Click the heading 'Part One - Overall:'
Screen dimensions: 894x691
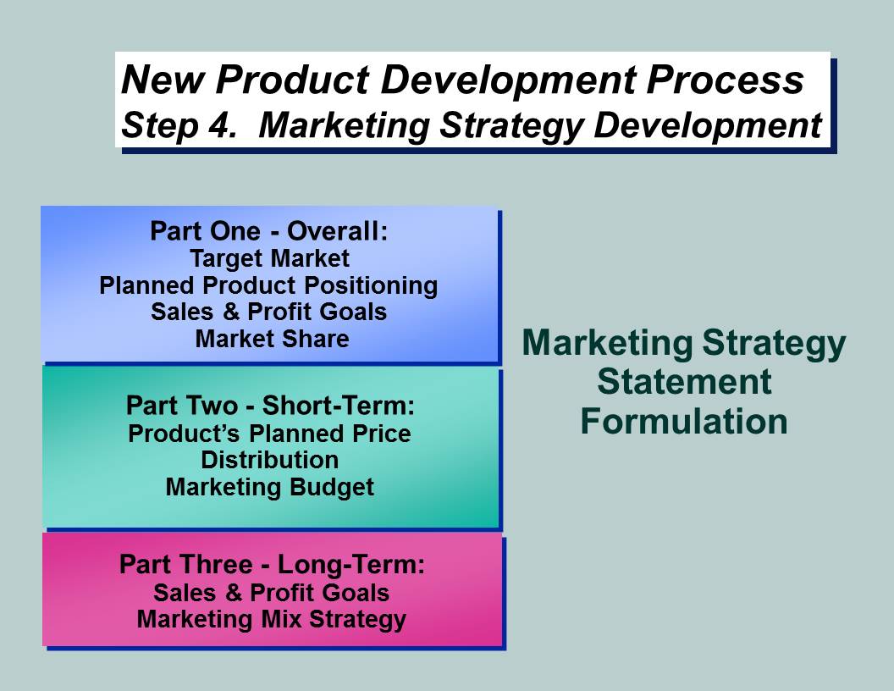[268, 231]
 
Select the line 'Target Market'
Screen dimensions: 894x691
[270, 259]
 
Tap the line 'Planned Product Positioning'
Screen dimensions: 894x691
[268, 285]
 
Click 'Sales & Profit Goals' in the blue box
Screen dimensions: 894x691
[268, 312]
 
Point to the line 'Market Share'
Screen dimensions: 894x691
[272, 339]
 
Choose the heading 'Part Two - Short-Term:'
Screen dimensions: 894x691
[270, 406]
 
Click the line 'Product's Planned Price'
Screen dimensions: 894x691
[270, 434]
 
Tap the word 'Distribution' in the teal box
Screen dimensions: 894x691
[270, 460]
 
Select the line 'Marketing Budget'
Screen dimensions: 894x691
[270, 488]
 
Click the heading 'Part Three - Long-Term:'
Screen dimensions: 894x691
[272, 565]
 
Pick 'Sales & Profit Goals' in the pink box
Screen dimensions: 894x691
[272, 593]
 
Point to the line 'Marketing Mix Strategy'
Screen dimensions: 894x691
[272, 620]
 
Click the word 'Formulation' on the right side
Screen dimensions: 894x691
[684, 422]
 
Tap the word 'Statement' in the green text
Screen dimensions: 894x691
[684, 381]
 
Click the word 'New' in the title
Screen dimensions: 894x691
[163, 80]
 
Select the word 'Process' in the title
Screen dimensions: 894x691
[725, 80]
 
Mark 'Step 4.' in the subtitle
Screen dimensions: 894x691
[179, 125]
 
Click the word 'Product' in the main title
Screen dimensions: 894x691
[292, 80]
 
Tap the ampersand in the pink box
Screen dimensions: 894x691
[234, 593]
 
